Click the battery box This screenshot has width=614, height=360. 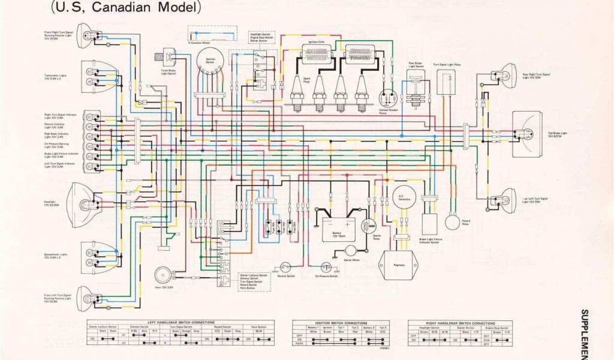[x=339, y=228]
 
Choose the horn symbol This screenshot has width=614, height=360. [x=161, y=275]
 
